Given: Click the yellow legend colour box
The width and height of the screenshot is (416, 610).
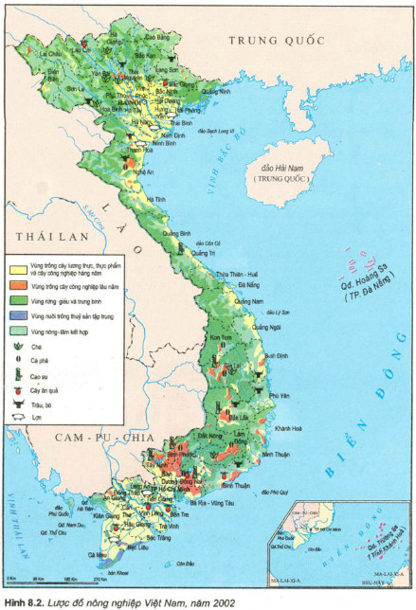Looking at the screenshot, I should click(x=16, y=268).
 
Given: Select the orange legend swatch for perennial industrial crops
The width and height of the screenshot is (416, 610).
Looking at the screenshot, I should click(x=16, y=284).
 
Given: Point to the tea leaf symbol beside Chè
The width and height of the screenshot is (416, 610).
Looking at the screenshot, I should click(x=16, y=347).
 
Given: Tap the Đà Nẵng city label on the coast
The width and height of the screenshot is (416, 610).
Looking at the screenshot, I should click(x=249, y=284).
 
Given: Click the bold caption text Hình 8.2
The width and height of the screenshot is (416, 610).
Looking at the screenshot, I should click(x=26, y=601).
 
